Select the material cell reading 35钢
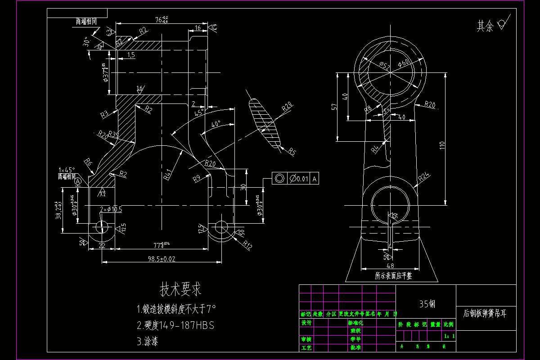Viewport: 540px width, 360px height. (427, 304)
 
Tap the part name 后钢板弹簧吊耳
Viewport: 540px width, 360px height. (485, 313)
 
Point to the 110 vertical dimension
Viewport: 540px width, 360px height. (442, 145)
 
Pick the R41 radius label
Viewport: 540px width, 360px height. (169, 174)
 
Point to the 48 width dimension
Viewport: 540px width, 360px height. (390, 266)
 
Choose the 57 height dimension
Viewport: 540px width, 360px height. (334, 107)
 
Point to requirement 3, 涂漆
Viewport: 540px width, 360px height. (147, 342)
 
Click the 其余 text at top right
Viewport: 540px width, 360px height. (485, 27)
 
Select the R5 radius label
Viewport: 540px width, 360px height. (292, 151)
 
